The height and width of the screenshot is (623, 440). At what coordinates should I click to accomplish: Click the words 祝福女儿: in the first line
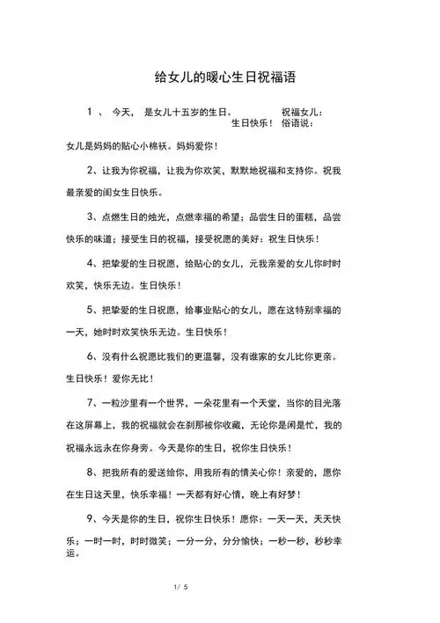pos(303,113)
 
